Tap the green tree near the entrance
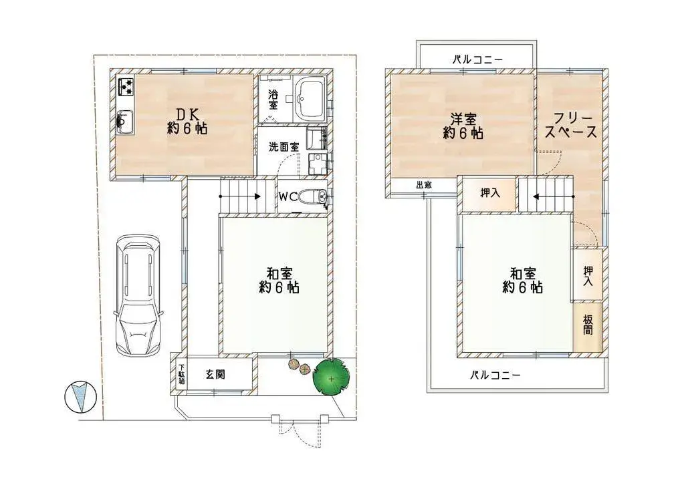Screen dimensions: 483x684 pyautogui.click(x=332, y=378)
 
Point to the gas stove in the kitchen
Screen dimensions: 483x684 pyautogui.click(x=126, y=87)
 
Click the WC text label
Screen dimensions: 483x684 pyautogui.click(x=288, y=197)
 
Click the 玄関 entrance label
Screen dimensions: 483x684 pyautogui.click(x=215, y=375)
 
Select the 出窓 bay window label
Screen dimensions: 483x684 pyautogui.click(x=423, y=185)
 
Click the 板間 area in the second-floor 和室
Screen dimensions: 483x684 pyautogui.click(x=588, y=325)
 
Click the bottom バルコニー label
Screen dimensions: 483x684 pyautogui.click(x=494, y=375)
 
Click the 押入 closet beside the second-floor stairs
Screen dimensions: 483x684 pyautogui.click(x=490, y=193)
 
